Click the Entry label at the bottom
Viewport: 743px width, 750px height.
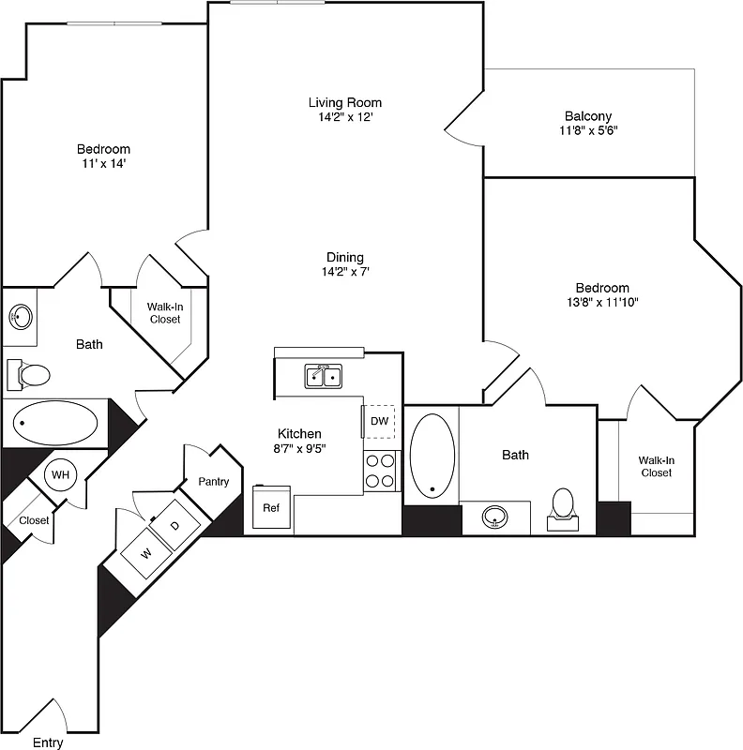click(x=49, y=742)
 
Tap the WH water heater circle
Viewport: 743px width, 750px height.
click(x=61, y=474)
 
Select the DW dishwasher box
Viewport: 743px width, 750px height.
click(x=379, y=421)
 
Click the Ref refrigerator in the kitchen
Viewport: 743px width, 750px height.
click(x=271, y=508)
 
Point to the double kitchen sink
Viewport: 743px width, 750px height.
click(x=324, y=377)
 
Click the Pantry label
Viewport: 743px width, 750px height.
click(x=213, y=482)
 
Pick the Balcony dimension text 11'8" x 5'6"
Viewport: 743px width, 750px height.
click(x=588, y=131)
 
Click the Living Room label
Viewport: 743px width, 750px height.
click(x=345, y=102)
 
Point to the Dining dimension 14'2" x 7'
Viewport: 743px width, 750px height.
click(x=345, y=272)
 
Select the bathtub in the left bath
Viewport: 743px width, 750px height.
click(x=56, y=424)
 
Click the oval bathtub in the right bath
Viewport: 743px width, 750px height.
click(x=432, y=455)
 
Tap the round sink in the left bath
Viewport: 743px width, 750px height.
click(x=21, y=318)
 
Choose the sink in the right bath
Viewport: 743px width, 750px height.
click(x=496, y=517)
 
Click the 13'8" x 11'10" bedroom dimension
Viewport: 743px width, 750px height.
click(x=602, y=302)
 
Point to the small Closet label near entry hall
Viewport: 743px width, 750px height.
click(x=35, y=520)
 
